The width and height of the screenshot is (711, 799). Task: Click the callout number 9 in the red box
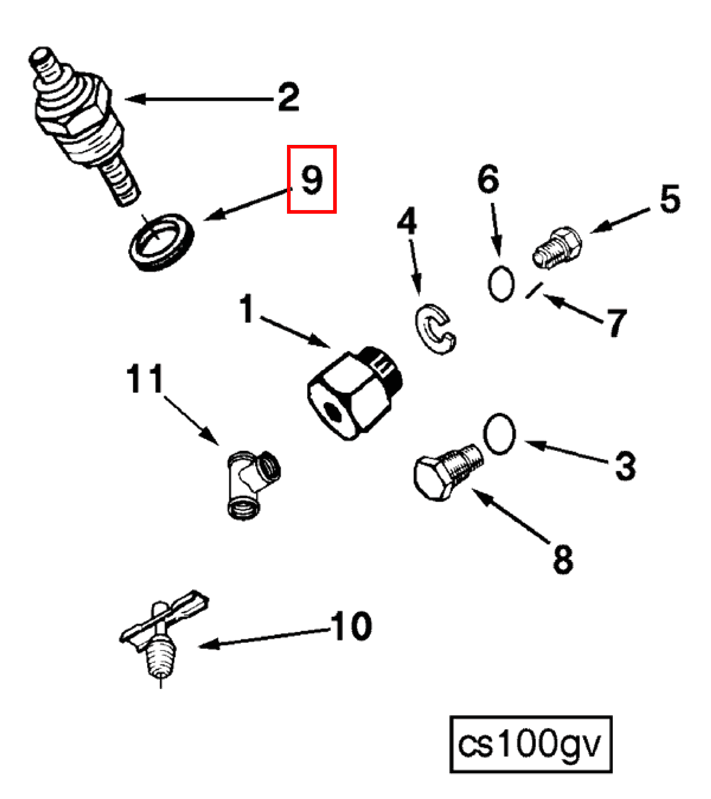pyautogui.click(x=312, y=180)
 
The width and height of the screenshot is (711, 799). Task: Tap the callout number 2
pyautogui.click(x=289, y=97)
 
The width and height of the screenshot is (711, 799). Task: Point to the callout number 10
pyautogui.click(x=352, y=626)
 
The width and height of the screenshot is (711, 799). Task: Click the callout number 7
pyautogui.click(x=616, y=323)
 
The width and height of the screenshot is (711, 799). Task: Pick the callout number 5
pyautogui.click(x=670, y=199)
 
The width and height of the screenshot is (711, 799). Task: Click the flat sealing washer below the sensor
pyautogui.click(x=161, y=242)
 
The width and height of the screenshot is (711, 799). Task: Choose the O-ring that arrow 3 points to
pyautogui.click(x=499, y=434)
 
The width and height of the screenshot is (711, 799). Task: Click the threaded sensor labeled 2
pyautogui.click(x=80, y=123)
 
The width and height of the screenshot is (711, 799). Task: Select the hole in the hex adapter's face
pyautogui.click(x=333, y=410)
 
